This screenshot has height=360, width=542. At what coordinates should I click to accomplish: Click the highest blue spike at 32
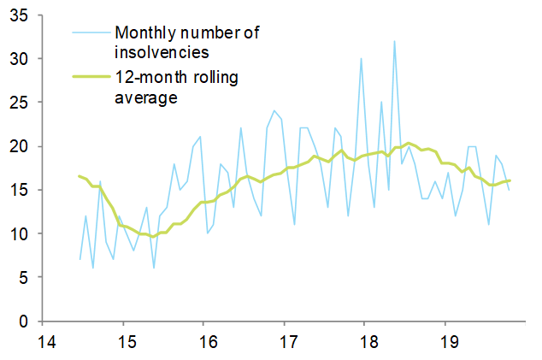pyautogui.click(x=394, y=42)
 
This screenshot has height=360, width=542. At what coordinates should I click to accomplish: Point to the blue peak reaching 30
pyautogui.click(x=361, y=59)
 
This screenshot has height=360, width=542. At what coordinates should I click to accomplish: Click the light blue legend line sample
pyautogui.click(x=91, y=32)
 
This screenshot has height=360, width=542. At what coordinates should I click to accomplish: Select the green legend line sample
pyautogui.click(x=91, y=79)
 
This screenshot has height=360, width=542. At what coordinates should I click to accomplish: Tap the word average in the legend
pyautogui.click(x=145, y=97)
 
